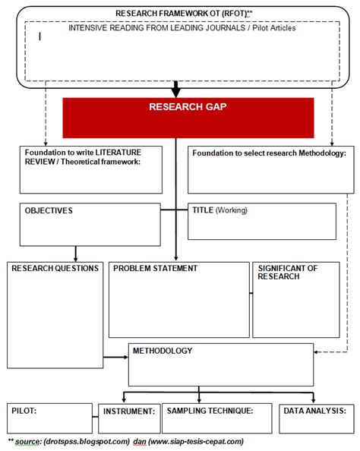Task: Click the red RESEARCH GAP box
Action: (x=188, y=118)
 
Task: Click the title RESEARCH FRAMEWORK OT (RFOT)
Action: (x=184, y=14)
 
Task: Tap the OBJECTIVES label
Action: (x=49, y=210)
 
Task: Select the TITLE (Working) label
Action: (x=220, y=210)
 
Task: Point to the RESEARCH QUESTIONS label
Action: (x=55, y=269)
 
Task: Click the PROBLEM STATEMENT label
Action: (x=155, y=269)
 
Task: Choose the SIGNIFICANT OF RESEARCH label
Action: (x=287, y=273)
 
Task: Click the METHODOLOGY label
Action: (x=163, y=351)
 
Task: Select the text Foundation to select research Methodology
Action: (x=269, y=153)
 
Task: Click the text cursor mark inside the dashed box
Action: (x=40, y=35)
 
